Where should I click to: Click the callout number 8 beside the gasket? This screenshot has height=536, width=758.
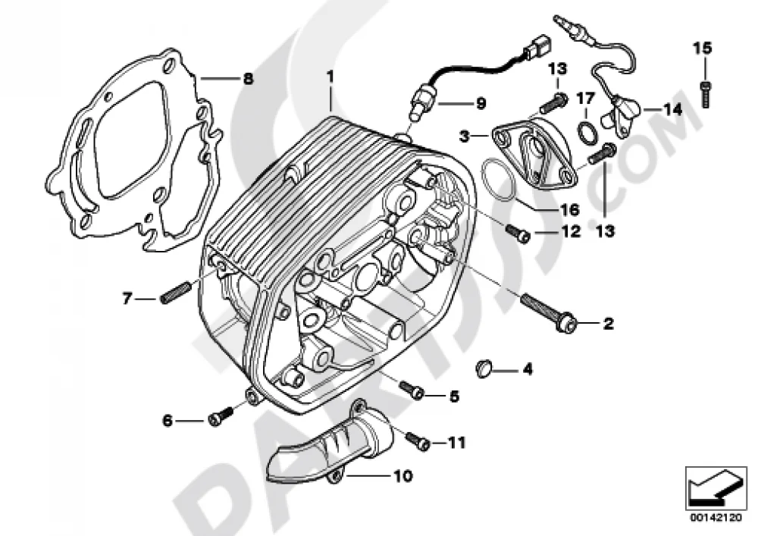(x=248, y=78)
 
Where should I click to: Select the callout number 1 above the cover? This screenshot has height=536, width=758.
(x=330, y=77)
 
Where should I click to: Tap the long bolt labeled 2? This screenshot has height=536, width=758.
(x=548, y=312)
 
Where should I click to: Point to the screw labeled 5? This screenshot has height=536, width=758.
(x=412, y=390)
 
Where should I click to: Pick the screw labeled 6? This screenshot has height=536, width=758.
(x=221, y=416)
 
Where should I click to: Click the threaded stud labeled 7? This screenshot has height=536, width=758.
(x=172, y=294)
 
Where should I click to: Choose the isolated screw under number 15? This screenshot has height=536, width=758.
(x=706, y=95)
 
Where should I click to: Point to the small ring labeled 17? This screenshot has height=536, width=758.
(x=585, y=132)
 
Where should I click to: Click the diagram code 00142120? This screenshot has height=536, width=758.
(x=716, y=518)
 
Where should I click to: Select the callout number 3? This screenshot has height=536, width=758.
(x=464, y=136)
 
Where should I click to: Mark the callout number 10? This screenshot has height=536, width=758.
(x=402, y=476)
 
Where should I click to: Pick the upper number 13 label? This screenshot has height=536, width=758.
(x=557, y=69)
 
